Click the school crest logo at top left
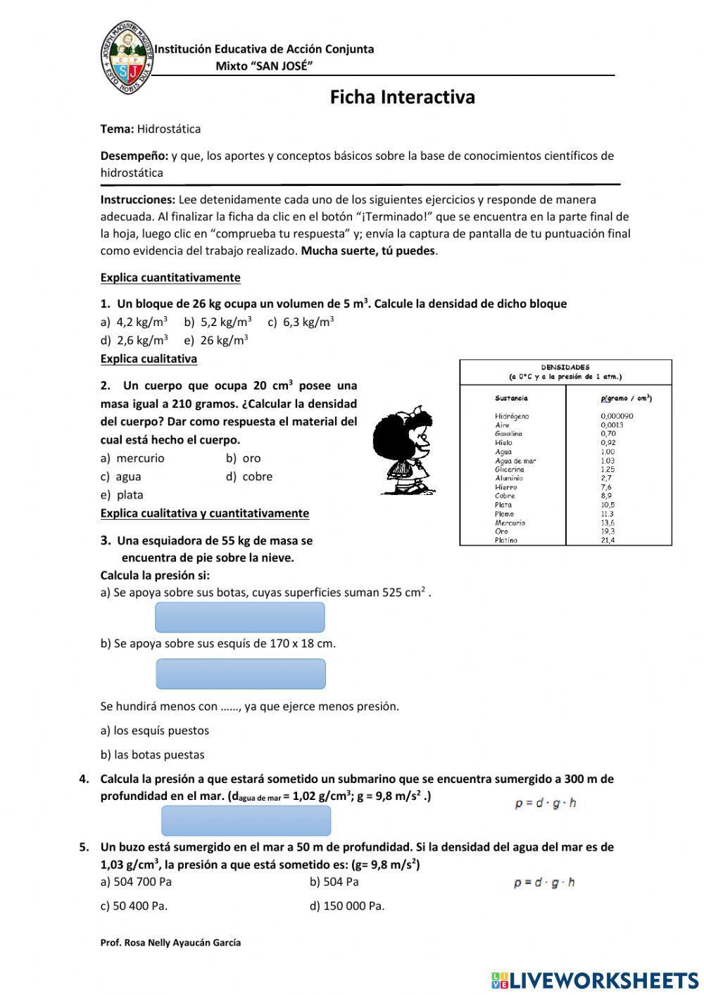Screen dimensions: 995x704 tap(127, 53)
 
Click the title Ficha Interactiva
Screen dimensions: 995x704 tap(402, 97)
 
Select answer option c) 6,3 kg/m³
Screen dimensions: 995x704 tap(301, 322)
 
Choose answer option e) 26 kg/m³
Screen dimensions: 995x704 tap(215, 340)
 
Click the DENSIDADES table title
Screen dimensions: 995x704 tap(565, 367)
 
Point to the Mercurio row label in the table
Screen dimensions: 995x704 tap(510, 522)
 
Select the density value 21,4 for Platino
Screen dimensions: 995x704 tap(608, 540)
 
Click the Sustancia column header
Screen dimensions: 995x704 tap(511, 398)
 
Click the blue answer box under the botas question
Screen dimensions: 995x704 tap(239, 618)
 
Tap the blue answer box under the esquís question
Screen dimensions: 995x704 tap(240, 674)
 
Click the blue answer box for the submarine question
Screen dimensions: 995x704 tap(246, 820)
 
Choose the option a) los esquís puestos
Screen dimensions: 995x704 tap(155, 731)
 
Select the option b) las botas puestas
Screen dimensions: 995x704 tap(152, 755)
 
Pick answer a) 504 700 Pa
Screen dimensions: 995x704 tap(136, 882)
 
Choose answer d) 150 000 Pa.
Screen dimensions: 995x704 tap(346, 906)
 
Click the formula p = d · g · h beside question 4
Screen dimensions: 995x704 tap(546, 803)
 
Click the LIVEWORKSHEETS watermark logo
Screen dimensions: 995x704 tap(595, 980)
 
